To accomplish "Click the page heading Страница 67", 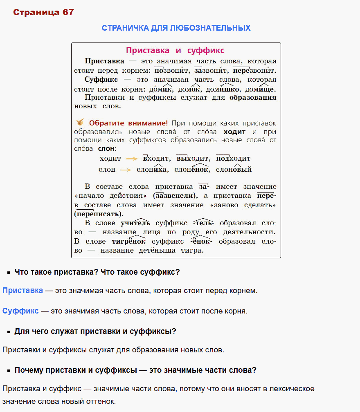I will pyautogui.click(x=43, y=12).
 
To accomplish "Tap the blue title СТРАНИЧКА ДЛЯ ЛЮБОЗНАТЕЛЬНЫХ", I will pyautogui.click(x=176, y=28).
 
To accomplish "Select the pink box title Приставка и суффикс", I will pyautogui.click(x=175, y=51).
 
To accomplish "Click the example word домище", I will pyautogui.click(x=260, y=89).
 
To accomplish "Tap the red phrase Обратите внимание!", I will pyautogui.click(x=128, y=123).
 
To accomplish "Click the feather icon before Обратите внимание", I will pyautogui.click(x=81, y=122).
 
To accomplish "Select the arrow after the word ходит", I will pyautogui.click(x=131, y=159).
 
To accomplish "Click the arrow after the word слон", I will pyautogui.click(x=126, y=169).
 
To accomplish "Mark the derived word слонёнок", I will pyautogui.click(x=192, y=169).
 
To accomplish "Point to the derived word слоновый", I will pyautogui.click(x=234, y=169).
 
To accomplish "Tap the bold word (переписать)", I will pyautogui.click(x=99, y=214).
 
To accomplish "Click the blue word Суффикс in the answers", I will pyautogui.click(x=20, y=311).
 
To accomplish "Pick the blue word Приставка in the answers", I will pyautogui.click(x=22, y=291).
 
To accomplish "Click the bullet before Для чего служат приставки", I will pyautogui.click(x=8, y=332).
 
